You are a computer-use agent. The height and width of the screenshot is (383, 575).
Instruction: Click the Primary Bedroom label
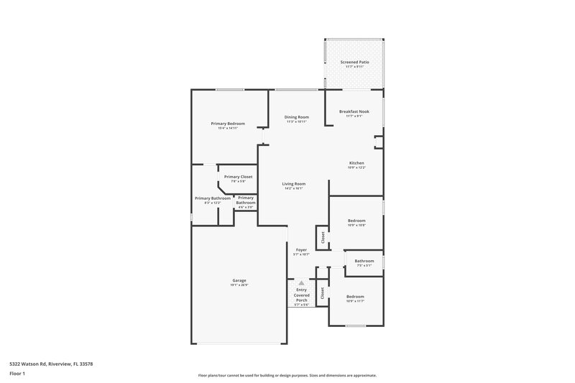click(228, 124)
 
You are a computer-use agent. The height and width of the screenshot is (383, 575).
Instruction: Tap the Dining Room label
click(297, 117)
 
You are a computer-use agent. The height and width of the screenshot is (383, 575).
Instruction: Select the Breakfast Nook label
click(354, 111)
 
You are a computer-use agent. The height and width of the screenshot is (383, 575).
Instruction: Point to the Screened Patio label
click(354, 62)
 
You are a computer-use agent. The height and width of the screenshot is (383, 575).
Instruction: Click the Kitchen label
click(356, 163)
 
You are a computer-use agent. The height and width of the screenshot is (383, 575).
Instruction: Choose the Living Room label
click(294, 184)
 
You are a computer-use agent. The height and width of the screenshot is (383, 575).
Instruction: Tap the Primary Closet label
click(238, 177)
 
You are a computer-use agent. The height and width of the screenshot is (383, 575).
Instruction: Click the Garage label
click(239, 280)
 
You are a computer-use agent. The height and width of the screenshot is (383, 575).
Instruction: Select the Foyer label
click(301, 250)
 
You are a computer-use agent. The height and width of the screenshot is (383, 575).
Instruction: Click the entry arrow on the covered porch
click(301, 283)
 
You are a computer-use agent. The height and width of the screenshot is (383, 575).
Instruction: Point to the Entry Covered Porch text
click(301, 294)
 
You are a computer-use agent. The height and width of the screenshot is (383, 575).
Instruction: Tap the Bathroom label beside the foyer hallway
click(364, 261)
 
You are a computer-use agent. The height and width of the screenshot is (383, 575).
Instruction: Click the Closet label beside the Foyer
click(323, 236)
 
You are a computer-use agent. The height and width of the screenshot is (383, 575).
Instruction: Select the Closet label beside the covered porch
click(323, 292)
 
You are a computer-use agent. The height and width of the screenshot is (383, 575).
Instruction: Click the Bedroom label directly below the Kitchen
click(356, 221)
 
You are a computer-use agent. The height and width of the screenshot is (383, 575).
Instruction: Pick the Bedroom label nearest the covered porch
click(356, 296)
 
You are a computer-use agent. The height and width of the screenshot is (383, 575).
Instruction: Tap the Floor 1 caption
click(17, 374)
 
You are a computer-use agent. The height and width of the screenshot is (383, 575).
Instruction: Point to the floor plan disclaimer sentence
click(287, 375)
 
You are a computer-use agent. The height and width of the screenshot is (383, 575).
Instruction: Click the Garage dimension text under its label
click(239, 285)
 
